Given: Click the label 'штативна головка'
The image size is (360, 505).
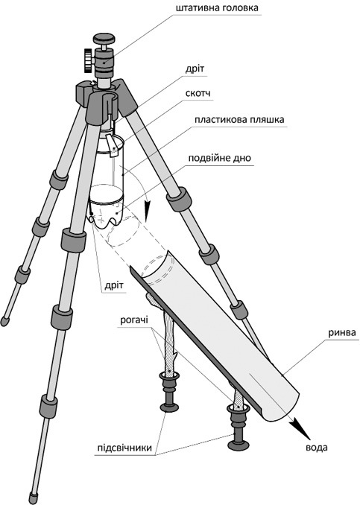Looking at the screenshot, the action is point(217,7).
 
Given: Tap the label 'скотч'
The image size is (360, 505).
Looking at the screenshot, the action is point(198,93).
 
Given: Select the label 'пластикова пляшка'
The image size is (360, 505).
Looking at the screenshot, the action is point(239,119).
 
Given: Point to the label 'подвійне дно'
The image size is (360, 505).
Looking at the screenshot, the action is point(219,159).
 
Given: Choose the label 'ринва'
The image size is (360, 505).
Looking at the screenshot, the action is point(342,332).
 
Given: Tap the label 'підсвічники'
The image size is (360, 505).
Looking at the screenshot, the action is point(124,448).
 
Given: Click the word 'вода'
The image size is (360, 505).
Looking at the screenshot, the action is point(317,448).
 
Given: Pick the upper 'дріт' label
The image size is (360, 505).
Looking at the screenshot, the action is point(195,69).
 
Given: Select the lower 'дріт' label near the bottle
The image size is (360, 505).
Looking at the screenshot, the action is point(114,286).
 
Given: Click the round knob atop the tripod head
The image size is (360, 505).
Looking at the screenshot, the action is point(104,39).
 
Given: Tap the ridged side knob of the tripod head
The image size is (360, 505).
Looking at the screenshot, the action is point(88,60).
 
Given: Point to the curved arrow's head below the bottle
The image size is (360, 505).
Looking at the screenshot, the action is point(148,212).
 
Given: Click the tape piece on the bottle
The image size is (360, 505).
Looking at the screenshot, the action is point(112,145).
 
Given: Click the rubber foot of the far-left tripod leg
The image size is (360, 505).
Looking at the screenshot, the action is point(4,321).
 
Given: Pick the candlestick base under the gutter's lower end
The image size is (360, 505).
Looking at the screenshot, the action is point(239,445).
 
